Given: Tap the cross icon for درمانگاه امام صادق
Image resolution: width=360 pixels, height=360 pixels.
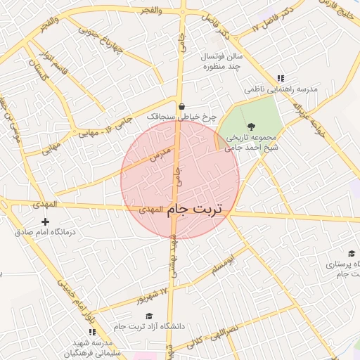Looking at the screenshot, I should [45, 222].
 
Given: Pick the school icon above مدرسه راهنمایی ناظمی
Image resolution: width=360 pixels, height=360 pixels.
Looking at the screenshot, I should [281, 79].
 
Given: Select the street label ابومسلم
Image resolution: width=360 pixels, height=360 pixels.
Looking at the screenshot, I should [223, 262].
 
